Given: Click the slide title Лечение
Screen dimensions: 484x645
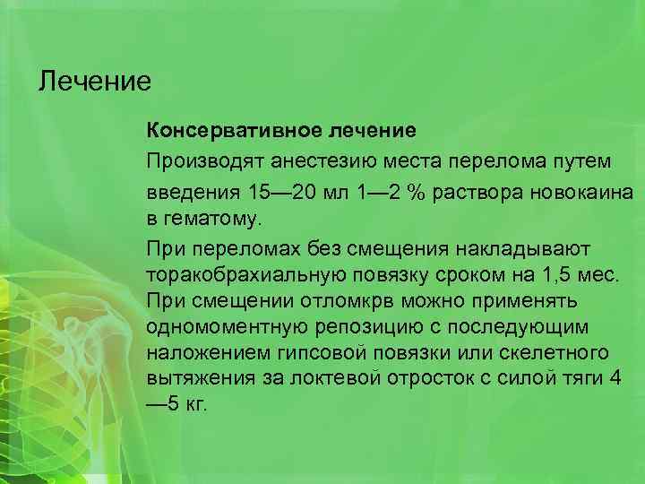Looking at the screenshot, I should click(95, 82).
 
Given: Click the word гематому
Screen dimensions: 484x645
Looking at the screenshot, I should click(207, 217).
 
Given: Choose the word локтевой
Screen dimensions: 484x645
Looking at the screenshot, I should click(334, 376).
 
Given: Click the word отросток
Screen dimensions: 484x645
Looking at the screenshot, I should click(426, 376).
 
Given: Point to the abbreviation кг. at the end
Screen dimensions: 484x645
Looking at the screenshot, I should click(194, 403).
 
